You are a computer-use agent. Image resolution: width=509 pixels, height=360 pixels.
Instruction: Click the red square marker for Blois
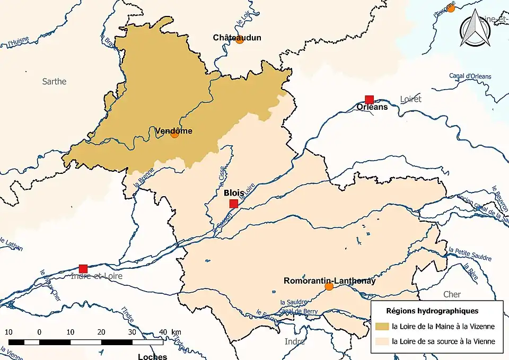233,204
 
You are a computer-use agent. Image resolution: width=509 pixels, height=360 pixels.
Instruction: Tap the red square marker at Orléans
370,99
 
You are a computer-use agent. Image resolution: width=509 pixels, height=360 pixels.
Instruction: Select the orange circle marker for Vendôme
174,134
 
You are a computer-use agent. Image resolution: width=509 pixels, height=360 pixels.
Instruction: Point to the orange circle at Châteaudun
239,40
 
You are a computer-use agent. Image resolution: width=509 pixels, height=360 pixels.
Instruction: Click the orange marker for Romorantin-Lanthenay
329,286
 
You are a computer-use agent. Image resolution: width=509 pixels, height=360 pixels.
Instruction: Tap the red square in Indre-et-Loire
83,268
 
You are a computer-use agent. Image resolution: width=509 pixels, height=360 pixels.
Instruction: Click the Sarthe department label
55,81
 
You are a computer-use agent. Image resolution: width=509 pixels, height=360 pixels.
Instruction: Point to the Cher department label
452,294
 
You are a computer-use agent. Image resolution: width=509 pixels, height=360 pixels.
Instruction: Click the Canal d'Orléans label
470,76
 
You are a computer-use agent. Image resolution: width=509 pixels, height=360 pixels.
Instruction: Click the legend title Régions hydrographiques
432,310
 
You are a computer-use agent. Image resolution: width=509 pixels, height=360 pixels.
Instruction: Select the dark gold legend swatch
381,326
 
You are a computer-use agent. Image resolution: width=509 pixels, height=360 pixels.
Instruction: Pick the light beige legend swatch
381,341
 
